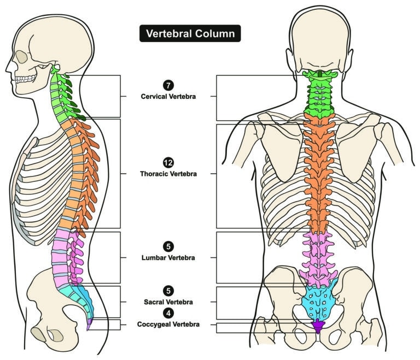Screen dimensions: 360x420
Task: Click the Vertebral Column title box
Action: (x=189, y=33)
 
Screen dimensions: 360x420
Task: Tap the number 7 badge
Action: (x=167, y=85)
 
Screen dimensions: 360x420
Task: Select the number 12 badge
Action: (x=167, y=163)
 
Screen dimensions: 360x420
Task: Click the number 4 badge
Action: (x=167, y=313)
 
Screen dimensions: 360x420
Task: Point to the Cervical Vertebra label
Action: (x=167, y=96)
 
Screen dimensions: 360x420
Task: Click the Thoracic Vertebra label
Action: (x=167, y=174)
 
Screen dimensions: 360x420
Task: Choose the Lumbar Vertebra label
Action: (x=167, y=257)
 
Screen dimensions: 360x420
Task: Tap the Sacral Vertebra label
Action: (x=167, y=302)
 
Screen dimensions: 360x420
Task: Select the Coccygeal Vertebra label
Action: (x=167, y=324)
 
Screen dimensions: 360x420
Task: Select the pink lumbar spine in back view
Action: (x=318, y=257)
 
